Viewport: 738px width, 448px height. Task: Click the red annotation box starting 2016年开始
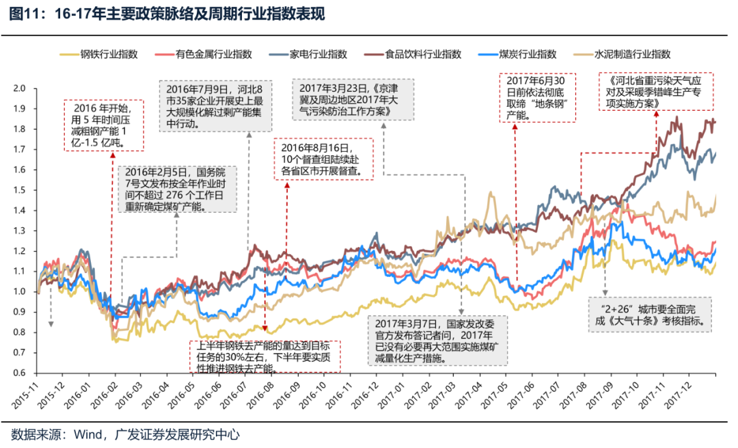104,124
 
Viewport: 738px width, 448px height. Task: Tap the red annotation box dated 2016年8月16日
324,159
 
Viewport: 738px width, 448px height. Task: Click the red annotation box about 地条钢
539,96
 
